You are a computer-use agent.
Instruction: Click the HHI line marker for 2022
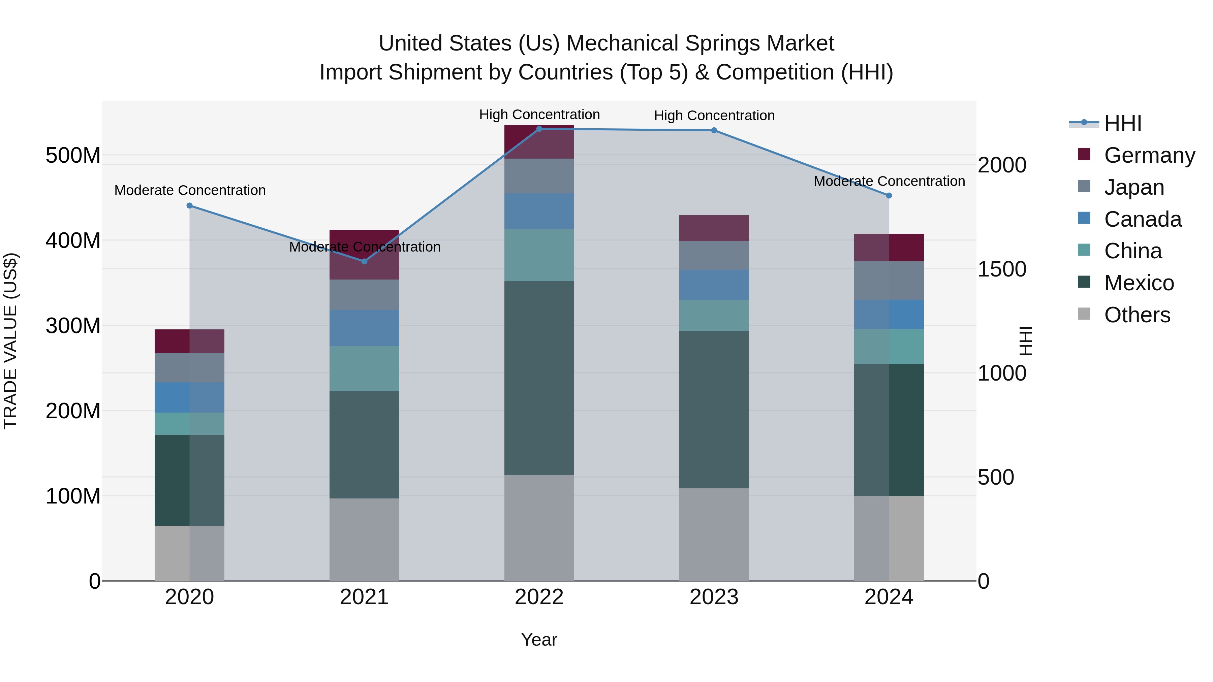(539, 129)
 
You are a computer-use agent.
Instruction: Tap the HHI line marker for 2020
(190, 206)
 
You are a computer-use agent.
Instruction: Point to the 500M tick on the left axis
(73, 155)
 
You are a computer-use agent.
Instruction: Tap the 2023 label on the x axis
(714, 597)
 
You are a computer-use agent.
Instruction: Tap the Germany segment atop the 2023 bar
(714, 228)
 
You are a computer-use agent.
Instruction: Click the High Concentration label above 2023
(714, 116)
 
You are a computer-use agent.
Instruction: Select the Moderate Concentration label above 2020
(190, 191)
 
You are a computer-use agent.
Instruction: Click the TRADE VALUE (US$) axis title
(10, 341)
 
